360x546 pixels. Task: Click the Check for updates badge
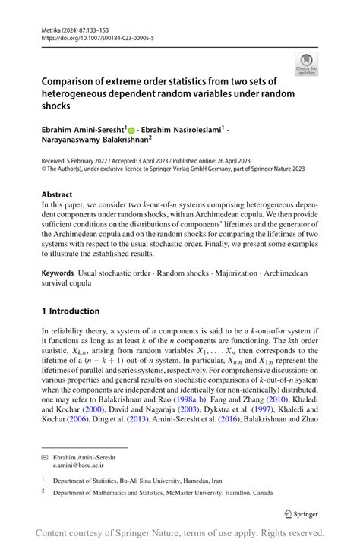click(x=306, y=64)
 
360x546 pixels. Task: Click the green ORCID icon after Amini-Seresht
click(x=131, y=131)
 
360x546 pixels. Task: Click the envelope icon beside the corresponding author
click(x=46, y=459)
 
